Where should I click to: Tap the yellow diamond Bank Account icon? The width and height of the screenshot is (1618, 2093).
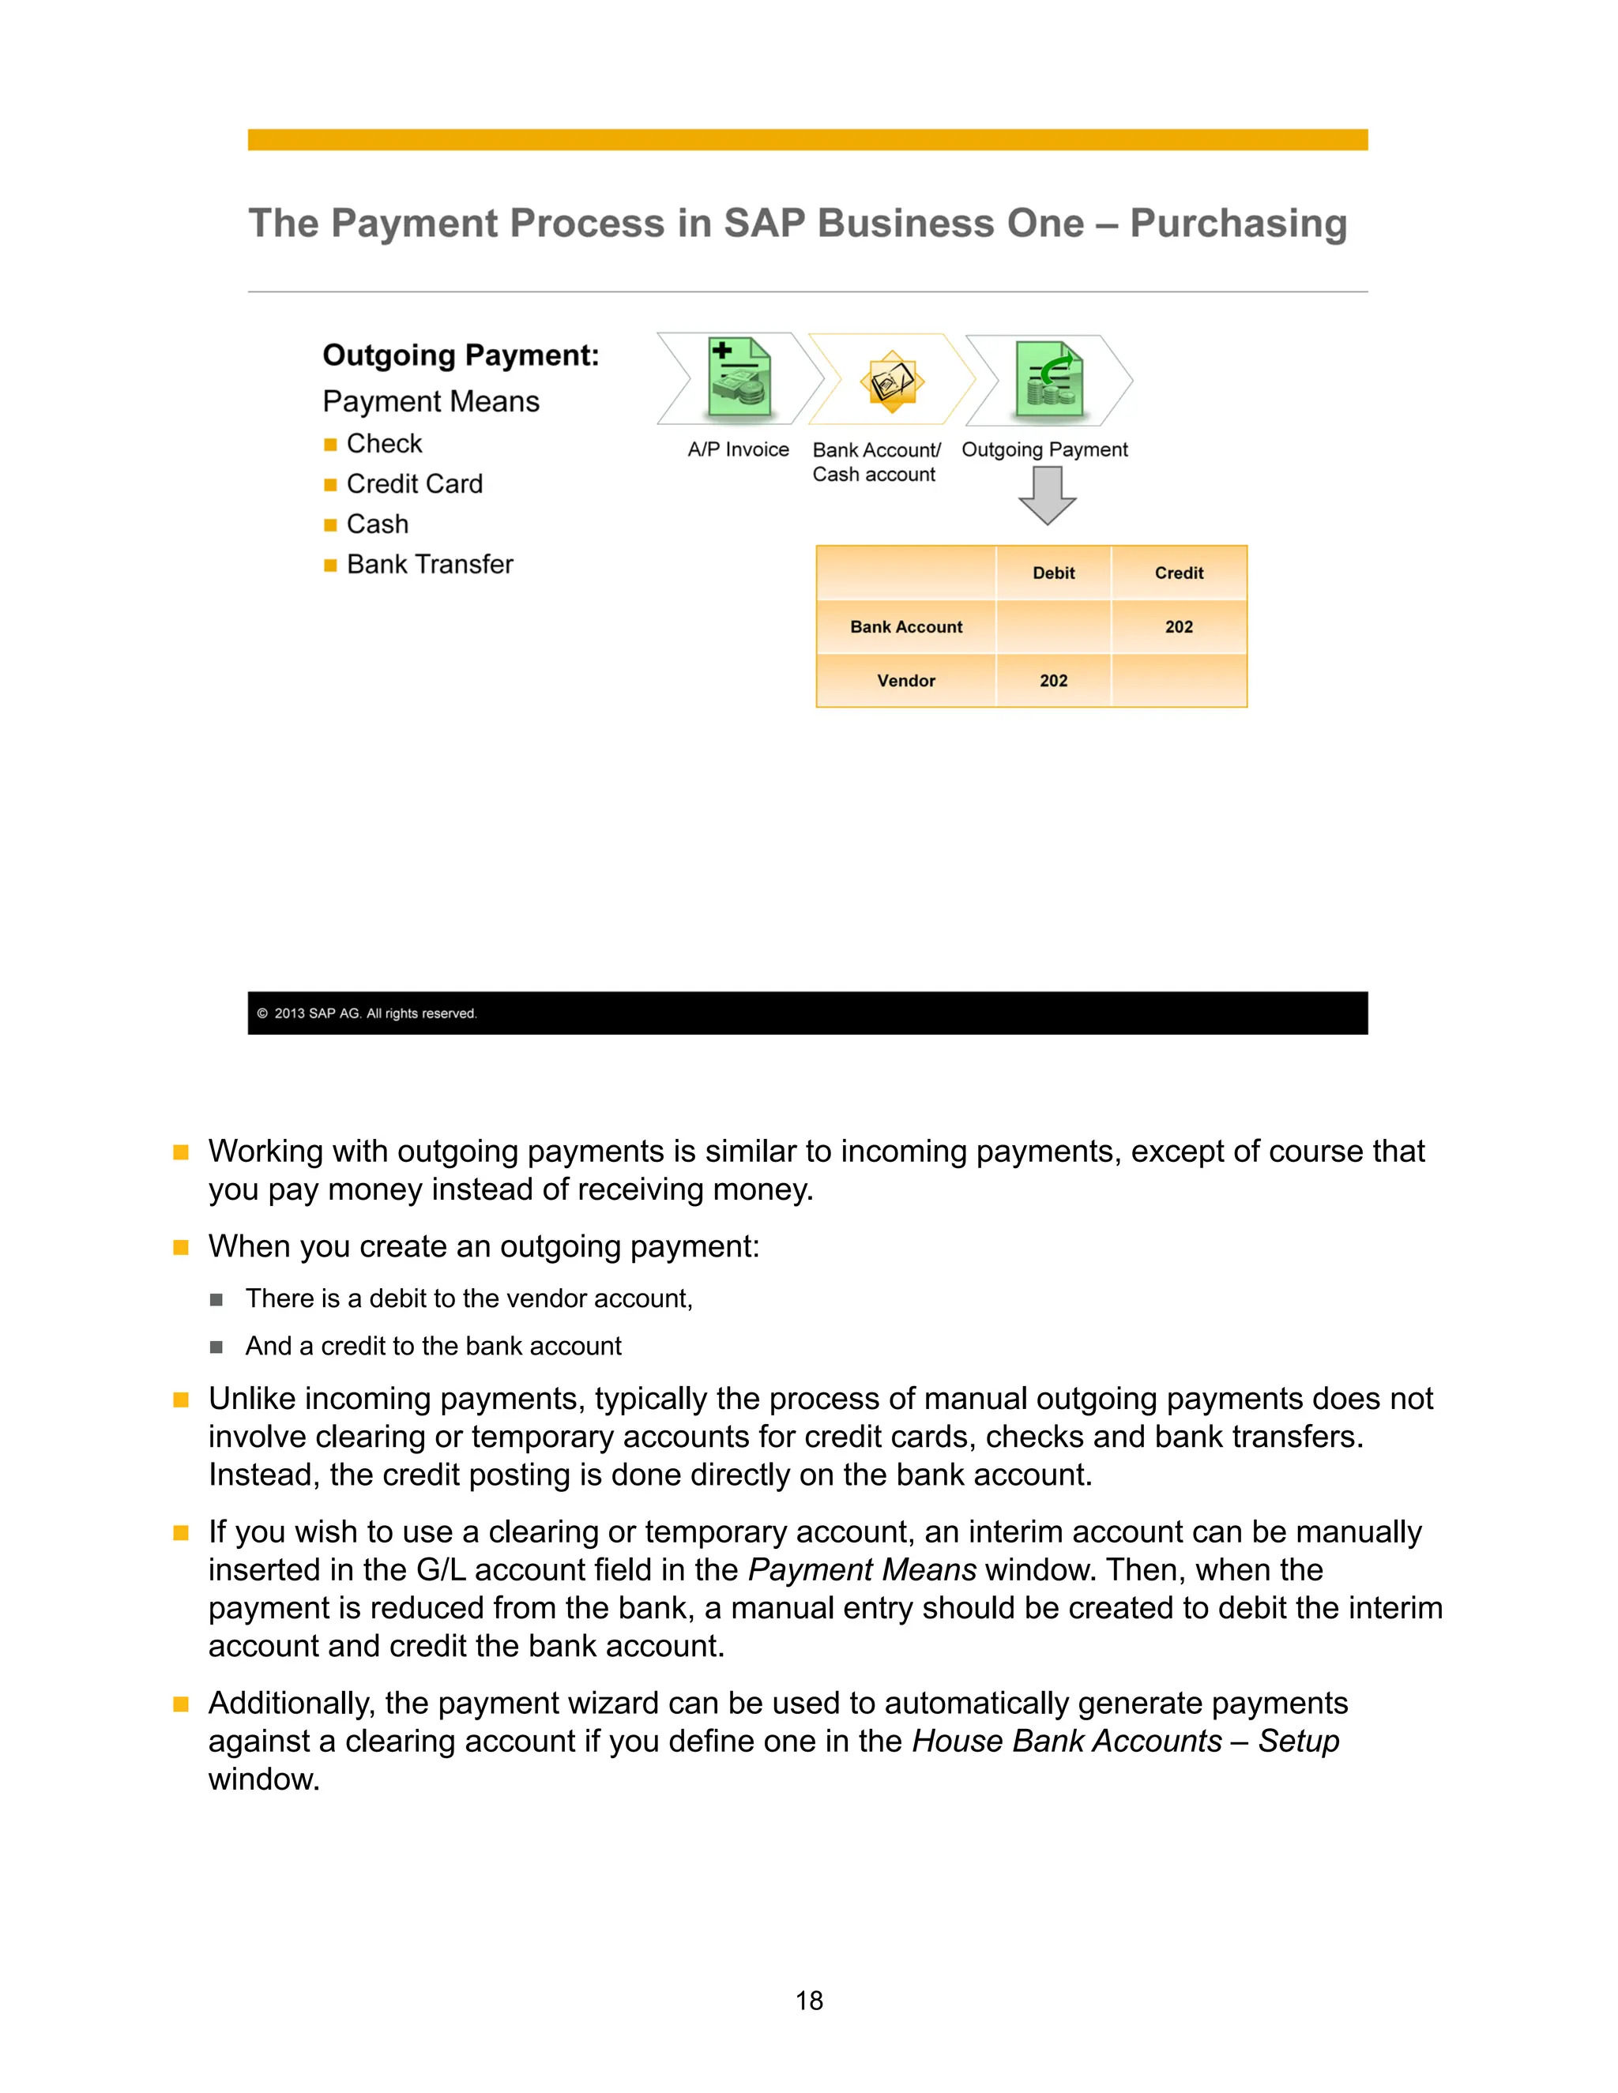[x=891, y=381]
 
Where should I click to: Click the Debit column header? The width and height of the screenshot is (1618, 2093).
[x=1053, y=573]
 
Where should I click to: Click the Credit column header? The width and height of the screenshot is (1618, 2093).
[x=1178, y=573]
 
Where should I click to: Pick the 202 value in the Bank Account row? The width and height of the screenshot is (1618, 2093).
[x=1178, y=627]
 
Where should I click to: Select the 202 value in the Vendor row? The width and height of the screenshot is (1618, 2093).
[x=1053, y=680]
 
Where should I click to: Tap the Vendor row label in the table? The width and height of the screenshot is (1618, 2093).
[x=906, y=680]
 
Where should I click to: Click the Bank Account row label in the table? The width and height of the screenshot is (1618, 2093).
[x=906, y=627]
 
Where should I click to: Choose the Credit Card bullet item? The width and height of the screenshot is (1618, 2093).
[x=414, y=484]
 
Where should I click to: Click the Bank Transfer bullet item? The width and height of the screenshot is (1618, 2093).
[x=430, y=565]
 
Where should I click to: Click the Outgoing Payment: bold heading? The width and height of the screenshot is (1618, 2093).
[x=460, y=355]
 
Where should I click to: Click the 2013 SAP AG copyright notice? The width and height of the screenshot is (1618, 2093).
[x=374, y=1014]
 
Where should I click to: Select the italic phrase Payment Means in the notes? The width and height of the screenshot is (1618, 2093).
[x=862, y=1570]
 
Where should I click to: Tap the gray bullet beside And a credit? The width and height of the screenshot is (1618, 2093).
[x=216, y=1347]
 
